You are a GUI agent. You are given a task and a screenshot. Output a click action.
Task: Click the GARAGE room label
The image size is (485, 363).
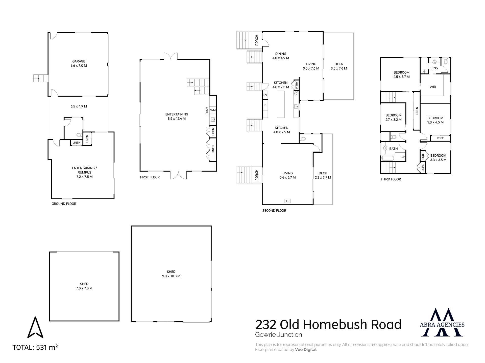pyautogui.click(x=79, y=63)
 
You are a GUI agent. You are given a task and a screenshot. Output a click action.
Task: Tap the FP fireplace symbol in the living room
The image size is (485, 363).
pyautogui.click(x=287, y=201)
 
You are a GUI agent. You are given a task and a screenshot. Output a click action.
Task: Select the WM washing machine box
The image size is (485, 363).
pyautogui.click(x=213, y=110)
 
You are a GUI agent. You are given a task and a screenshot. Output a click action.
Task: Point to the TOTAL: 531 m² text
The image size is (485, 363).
pyautogui.click(x=35, y=347)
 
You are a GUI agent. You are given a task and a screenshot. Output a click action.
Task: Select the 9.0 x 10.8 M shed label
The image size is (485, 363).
pyautogui.click(x=171, y=274)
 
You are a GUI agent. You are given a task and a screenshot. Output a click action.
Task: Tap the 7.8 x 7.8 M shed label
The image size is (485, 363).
pyautogui.click(x=84, y=286)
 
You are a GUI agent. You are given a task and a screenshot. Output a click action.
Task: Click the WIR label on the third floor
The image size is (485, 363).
pyautogui.click(x=433, y=87)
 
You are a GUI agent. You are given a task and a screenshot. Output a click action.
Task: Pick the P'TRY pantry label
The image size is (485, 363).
pyautogui.click(x=296, y=85)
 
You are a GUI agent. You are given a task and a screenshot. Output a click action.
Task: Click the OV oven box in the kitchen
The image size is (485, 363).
pyautogui.click(x=265, y=95)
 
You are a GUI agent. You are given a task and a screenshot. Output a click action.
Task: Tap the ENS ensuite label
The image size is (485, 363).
pyautogui.click(x=434, y=68)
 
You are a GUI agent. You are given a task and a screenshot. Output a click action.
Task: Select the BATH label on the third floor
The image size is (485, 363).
pyautogui.click(x=393, y=149)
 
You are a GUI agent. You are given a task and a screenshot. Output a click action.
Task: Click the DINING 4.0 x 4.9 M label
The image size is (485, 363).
pyautogui.click(x=281, y=56)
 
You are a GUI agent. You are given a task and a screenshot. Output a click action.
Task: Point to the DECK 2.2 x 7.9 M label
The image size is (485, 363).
pyautogui.click(x=323, y=175)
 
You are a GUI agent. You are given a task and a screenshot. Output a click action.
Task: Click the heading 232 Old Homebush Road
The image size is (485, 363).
pyautogui.click(x=328, y=325)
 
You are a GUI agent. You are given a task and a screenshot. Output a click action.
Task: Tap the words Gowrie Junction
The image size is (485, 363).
pyautogui.click(x=278, y=335)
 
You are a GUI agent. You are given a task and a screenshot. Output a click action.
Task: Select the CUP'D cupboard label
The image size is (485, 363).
pyautogui.click(x=423, y=167)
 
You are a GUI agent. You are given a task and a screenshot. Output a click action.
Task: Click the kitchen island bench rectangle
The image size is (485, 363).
pyautogui.click(x=281, y=104)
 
